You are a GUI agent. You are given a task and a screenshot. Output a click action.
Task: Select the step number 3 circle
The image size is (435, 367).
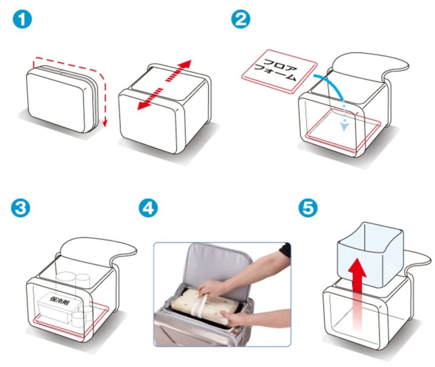pos(20,208)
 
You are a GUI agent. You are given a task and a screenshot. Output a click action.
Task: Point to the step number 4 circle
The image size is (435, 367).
pos(148,208)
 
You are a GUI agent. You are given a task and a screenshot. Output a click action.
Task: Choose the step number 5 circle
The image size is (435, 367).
pos(308,208)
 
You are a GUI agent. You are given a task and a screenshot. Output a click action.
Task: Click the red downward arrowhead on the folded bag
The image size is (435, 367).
pos(105,123)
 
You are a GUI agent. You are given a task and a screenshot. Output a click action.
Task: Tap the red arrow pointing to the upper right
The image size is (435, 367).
pos(178,70)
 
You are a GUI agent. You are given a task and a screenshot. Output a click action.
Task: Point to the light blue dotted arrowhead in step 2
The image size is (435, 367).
pos(344,126)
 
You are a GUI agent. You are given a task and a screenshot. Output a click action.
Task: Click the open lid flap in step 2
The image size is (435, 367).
pos(369,67)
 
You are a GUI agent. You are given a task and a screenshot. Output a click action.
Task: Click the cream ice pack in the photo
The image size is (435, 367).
pos(204,305)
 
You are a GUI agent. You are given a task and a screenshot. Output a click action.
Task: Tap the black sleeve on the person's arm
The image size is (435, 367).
pos(285,250)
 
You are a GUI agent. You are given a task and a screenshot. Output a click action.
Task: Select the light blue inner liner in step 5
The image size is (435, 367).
pos(370,253)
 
